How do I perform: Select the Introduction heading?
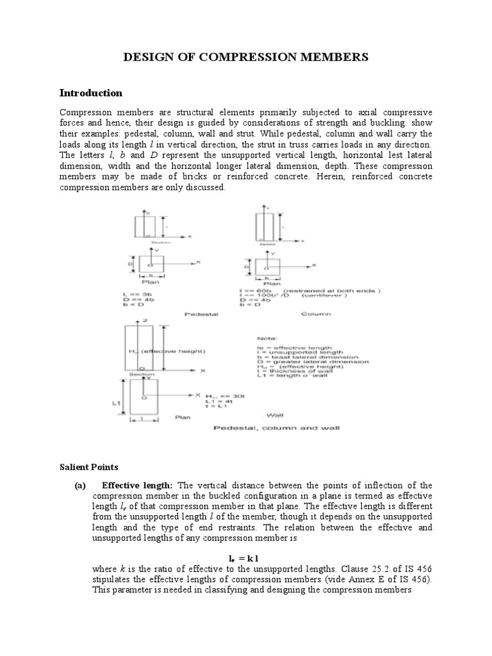tap(90, 93)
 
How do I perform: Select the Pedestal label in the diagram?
tap(201, 315)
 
